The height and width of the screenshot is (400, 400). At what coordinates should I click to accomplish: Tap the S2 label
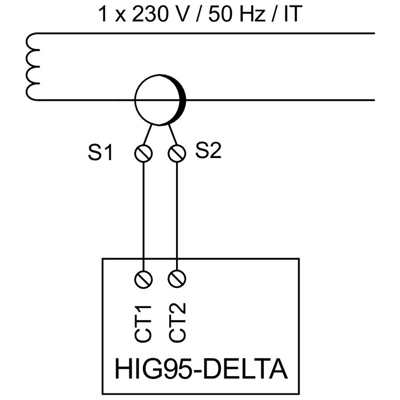[208, 151]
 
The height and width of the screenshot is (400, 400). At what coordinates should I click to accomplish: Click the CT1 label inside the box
[143, 322]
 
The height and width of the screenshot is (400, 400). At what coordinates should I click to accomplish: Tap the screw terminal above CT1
[143, 279]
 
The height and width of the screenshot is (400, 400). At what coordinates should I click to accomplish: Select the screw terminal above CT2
[177, 279]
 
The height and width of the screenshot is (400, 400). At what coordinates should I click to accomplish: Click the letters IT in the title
[291, 14]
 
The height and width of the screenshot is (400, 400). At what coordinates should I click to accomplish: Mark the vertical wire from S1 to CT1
[143, 215]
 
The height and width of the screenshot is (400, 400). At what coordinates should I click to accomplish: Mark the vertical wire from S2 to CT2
[177, 215]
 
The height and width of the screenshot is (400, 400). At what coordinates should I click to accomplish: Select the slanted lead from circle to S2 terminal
[172, 134]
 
